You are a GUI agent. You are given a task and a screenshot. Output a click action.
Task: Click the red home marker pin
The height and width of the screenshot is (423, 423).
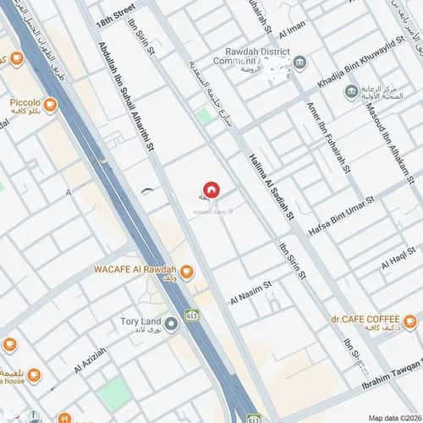click(210, 189)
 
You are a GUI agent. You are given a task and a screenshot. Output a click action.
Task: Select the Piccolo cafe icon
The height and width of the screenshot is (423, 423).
click(50, 105)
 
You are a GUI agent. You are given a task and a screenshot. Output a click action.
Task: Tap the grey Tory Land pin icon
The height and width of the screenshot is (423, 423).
click(172, 322)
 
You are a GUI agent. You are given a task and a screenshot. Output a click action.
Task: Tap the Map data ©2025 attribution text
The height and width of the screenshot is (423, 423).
click(393, 416)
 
